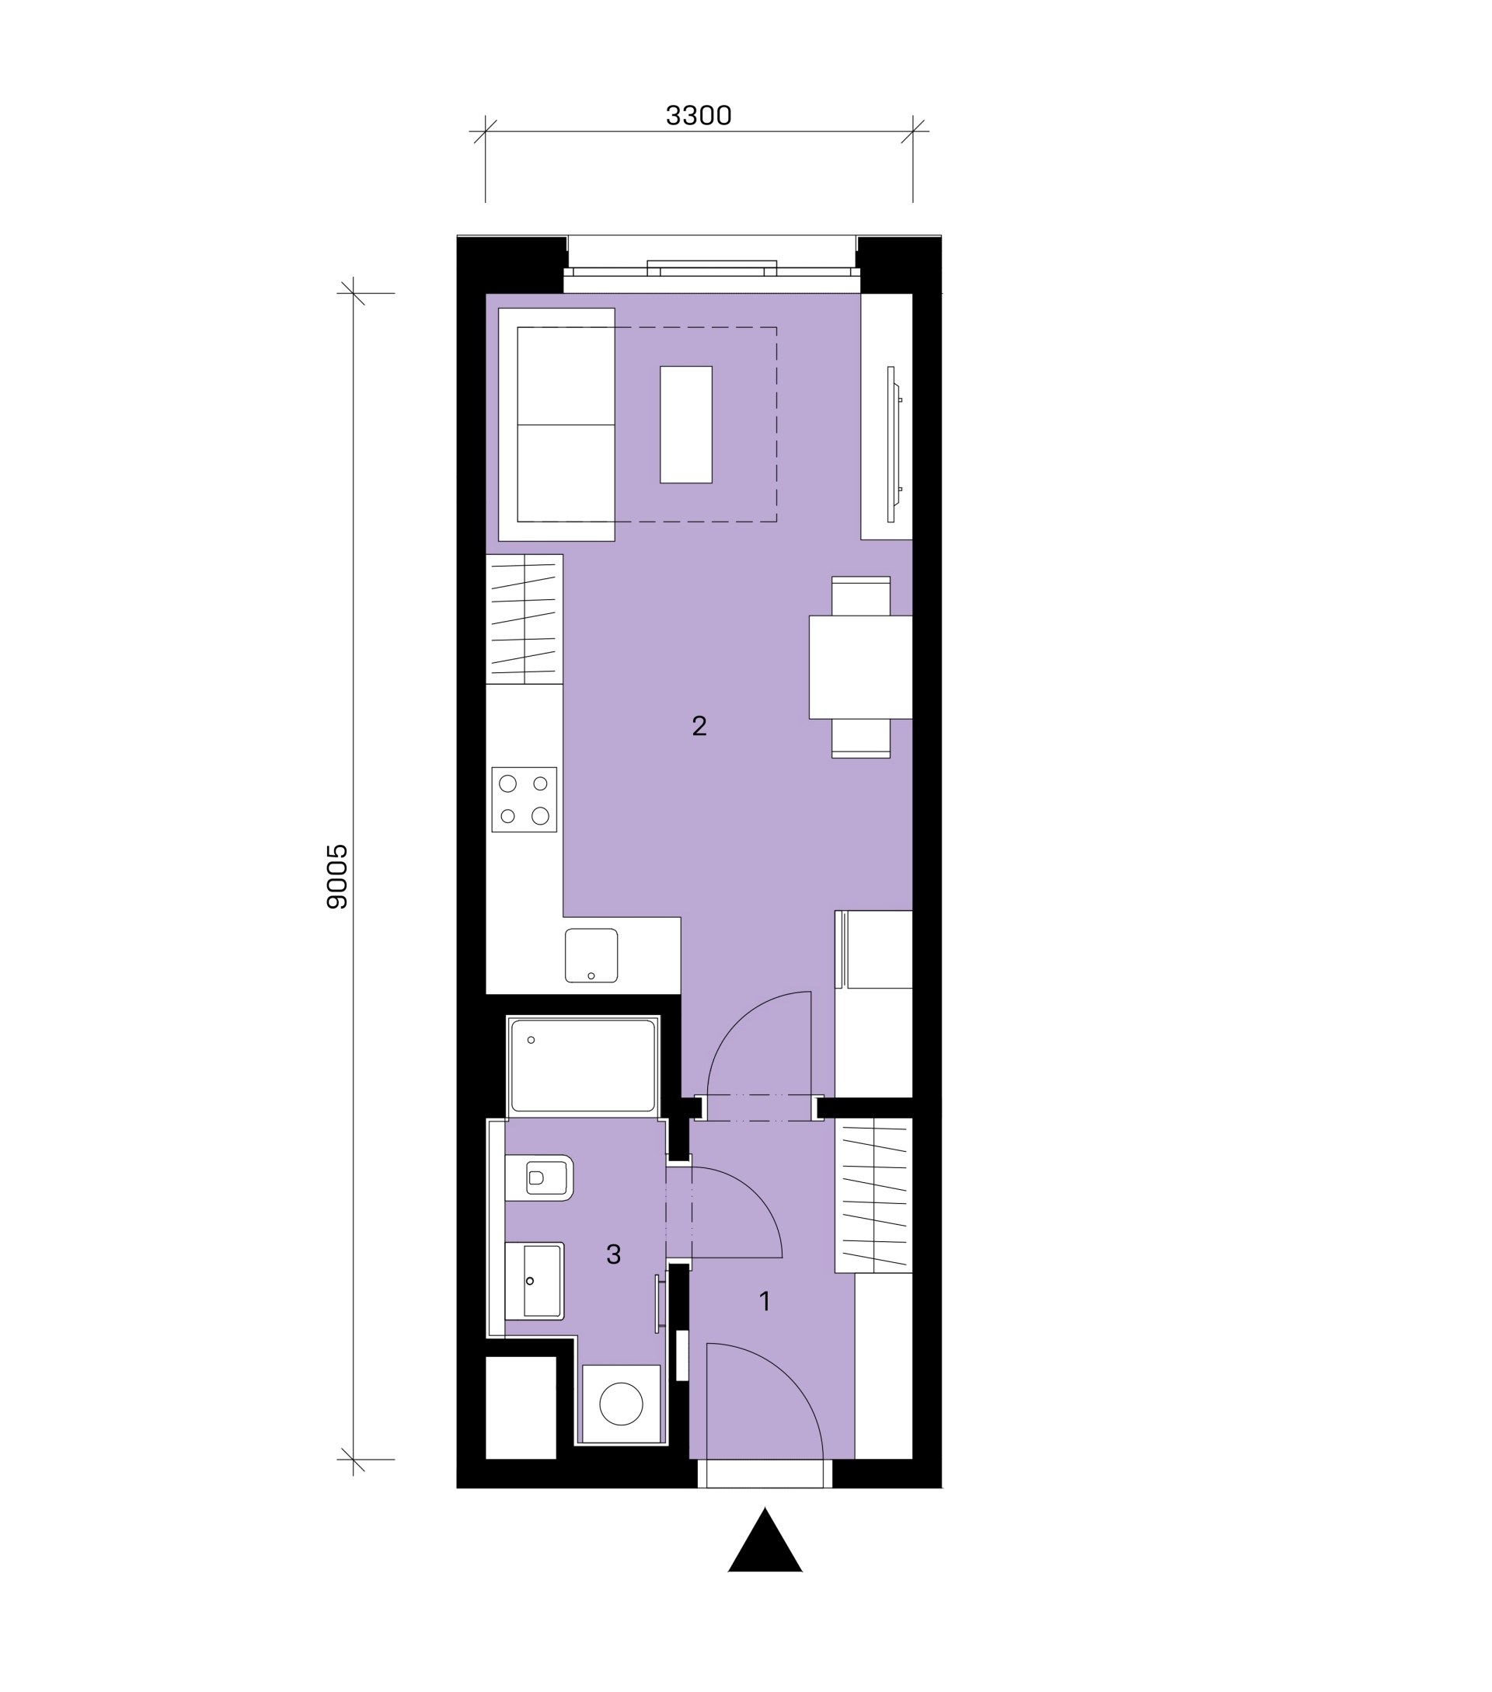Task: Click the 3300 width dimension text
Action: [x=699, y=116]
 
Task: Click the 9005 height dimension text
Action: [x=337, y=877]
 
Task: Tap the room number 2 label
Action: [x=699, y=726]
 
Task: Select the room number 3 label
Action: [x=613, y=1254]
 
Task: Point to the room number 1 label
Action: [x=765, y=1301]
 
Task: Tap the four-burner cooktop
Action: [x=524, y=800]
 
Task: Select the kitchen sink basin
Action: [x=591, y=955]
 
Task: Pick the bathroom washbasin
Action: [x=535, y=1281]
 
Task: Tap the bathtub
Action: [x=583, y=1066]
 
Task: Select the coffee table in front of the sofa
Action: [x=686, y=424]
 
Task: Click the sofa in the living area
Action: [x=556, y=424]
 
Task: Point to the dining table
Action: [x=860, y=667]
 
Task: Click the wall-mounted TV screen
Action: [x=891, y=445]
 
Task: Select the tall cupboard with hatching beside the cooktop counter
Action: [x=524, y=619]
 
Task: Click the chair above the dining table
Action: [x=860, y=596]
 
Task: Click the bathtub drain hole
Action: [x=532, y=1040]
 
